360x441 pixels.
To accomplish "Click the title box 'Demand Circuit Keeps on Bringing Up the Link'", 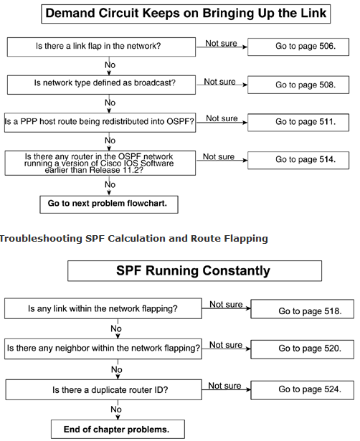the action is (x=186, y=14).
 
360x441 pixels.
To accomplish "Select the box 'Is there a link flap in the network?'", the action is (x=101, y=47).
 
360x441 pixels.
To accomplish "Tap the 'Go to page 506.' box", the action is (x=298, y=47).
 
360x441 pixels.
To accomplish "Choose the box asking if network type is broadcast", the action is (x=101, y=85).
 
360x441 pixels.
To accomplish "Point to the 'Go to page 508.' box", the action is (x=298, y=85).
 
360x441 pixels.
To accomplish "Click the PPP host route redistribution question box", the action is (x=100, y=123).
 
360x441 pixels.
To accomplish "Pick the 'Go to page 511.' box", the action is (x=298, y=123).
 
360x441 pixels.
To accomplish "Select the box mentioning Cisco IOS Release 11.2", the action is (x=100, y=163).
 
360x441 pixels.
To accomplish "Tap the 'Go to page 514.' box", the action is (x=298, y=161).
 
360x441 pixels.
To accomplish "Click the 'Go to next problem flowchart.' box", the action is (x=109, y=204).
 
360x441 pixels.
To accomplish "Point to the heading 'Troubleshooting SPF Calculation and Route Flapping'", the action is (x=134, y=239).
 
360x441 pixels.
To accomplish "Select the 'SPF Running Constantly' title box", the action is (x=194, y=271).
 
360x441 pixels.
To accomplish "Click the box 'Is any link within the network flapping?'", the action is (x=103, y=308).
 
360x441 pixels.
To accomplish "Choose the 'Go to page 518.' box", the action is (x=303, y=309).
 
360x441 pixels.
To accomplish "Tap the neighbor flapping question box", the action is (x=103, y=348).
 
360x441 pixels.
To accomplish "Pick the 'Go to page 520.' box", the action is (x=303, y=349).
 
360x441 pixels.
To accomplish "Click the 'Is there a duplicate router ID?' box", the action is (x=103, y=389).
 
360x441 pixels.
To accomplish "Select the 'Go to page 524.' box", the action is (x=303, y=390).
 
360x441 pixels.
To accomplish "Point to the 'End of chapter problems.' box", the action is (x=118, y=430).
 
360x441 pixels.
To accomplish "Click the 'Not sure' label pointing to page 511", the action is (x=222, y=118).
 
